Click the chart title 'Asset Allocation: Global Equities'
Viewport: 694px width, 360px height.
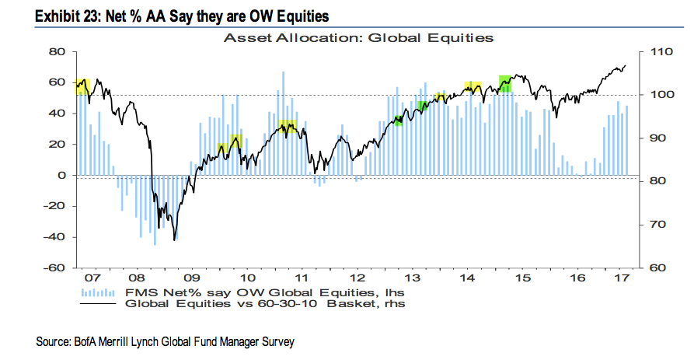[358, 37]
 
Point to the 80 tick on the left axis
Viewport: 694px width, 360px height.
[56, 51]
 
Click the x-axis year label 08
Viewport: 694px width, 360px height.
[136, 278]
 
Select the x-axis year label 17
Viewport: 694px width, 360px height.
[623, 278]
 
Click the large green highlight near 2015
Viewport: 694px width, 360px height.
[504, 83]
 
